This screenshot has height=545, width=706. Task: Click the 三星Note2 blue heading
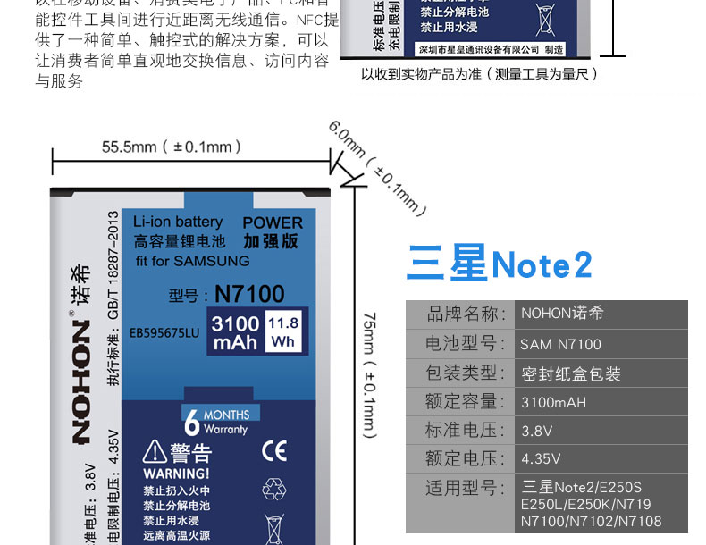499,265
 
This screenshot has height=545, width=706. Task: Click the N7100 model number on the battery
249,294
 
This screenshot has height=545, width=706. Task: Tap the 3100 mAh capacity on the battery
235,332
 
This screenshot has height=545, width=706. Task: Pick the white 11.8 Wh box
283,332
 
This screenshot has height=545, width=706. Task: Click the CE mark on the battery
273,450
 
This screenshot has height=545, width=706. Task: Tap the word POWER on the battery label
273,222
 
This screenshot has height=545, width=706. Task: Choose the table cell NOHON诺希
562,314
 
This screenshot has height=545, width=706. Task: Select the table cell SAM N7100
560,344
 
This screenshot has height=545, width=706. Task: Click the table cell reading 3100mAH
553,402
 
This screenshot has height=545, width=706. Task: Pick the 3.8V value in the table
534,431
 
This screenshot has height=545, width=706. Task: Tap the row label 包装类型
460,373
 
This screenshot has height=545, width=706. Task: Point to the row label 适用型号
460,488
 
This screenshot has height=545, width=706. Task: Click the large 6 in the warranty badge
191,426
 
